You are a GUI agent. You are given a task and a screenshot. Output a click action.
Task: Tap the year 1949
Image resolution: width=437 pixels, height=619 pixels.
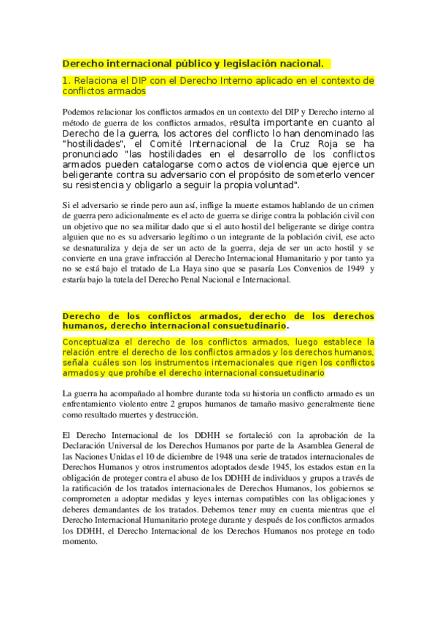355,269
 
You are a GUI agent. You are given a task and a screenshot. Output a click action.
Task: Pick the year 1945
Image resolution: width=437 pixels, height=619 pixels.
276,466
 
